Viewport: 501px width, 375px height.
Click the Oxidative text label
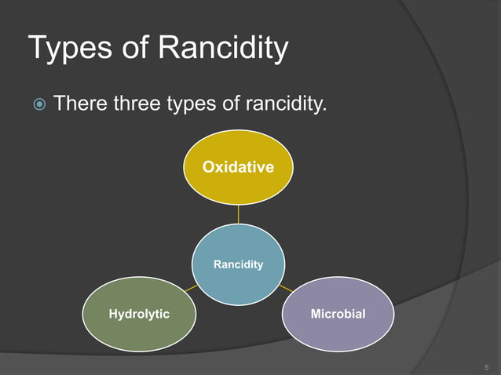pos(238,166)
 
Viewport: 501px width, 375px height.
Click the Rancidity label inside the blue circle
pos(238,264)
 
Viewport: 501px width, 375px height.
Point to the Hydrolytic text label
pos(139,314)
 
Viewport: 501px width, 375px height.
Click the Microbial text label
pos(338,314)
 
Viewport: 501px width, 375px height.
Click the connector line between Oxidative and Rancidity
pos(238,213)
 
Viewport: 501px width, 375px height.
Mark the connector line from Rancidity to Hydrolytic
pos(191,288)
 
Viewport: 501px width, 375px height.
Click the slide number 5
pos(486,366)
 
